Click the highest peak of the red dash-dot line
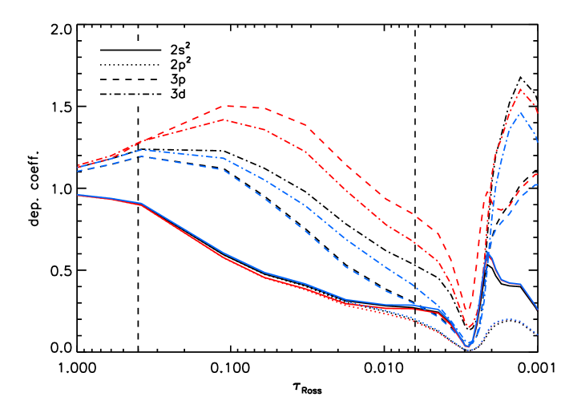[520, 88]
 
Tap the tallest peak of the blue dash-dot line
[521, 112]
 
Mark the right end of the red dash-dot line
[538, 112]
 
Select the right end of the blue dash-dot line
[538, 143]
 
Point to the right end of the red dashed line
[538, 172]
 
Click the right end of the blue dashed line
[538, 184]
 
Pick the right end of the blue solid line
[538, 310]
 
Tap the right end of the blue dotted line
[538, 334]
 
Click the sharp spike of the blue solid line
[487, 253]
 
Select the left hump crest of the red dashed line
[228, 105]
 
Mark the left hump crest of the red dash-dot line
[223, 119]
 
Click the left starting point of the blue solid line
[78, 195]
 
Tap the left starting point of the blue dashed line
[78, 171]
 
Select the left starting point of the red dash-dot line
[78, 166]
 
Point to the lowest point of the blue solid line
[470, 345]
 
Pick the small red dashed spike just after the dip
[487, 192]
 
